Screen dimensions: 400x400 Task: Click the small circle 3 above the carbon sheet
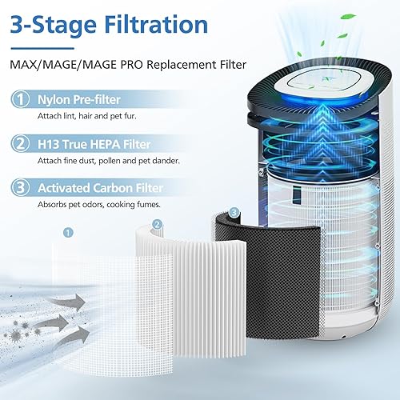coord(234,212)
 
